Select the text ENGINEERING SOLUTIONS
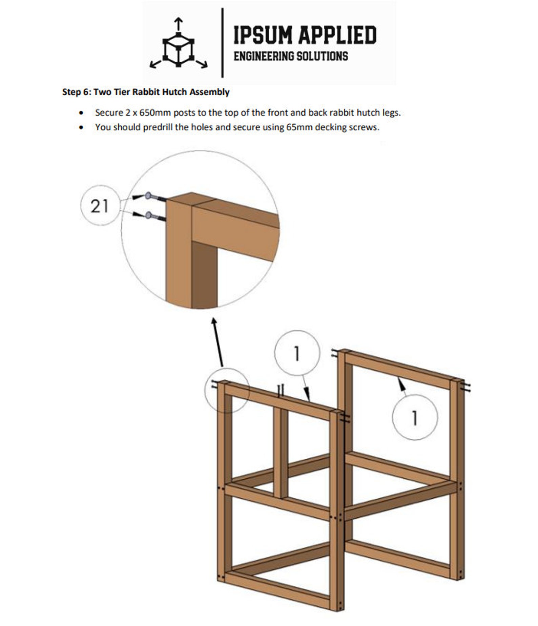click(x=291, y=56)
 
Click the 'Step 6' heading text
click(x=146, y=92)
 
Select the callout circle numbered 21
click(x=100, y=206)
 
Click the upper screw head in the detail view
click(x=148, y=196)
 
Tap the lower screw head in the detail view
click(x=148, y=215)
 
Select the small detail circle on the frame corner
click(x=226, y=390)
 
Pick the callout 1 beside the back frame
click(x=415, y=417)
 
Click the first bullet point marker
click(x=81, y=113)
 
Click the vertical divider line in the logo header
click(x=222, y=43)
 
